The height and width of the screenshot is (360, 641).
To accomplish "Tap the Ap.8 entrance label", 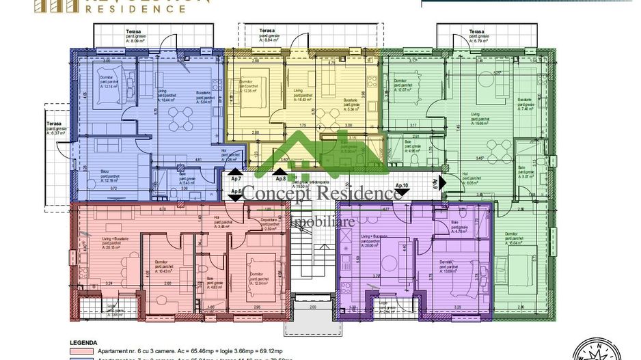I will (x=280, y=178).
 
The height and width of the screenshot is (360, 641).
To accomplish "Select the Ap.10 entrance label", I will (x=401, y=186).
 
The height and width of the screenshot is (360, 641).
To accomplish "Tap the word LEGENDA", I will (x=83, y=343).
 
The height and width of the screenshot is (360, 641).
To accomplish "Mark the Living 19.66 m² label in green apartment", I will (x=482, y=121).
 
